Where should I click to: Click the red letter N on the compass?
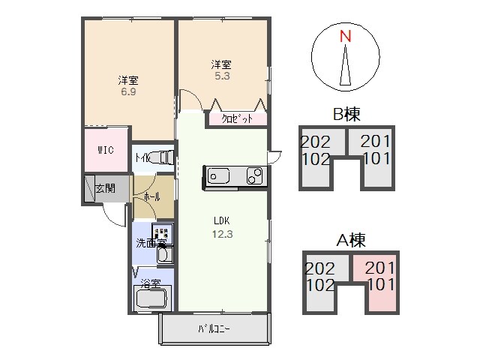345,36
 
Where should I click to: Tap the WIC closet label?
106,150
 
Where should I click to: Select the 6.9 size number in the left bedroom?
127,92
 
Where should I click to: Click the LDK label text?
220,221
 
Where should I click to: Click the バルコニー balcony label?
214,329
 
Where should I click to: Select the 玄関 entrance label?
106,187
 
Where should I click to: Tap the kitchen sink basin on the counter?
220,177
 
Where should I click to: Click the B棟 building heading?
346,115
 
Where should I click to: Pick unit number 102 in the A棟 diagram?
320,286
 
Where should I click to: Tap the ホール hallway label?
150,196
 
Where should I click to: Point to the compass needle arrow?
345,64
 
